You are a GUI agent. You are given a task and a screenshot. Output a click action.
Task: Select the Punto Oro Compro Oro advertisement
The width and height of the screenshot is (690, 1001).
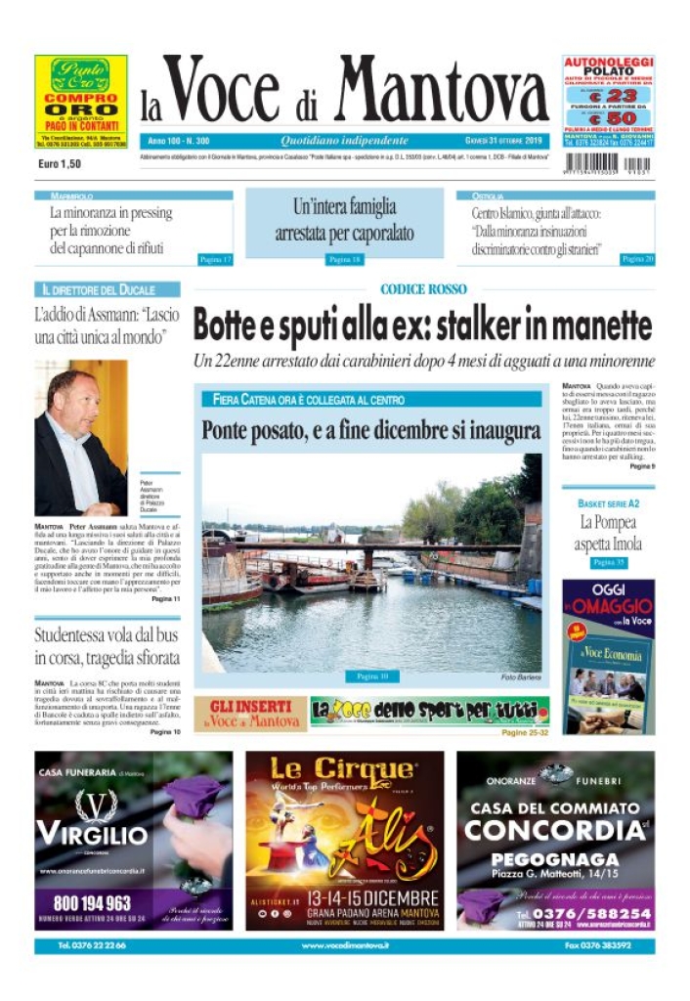80,102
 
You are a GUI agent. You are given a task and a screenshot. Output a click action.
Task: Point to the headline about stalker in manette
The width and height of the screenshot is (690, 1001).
422,325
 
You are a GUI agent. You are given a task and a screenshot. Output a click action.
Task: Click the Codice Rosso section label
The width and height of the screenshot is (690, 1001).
423,289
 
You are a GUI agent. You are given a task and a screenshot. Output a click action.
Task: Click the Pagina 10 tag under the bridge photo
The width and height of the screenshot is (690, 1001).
372,675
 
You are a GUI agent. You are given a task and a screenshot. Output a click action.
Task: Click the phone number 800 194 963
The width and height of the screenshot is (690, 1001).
93,902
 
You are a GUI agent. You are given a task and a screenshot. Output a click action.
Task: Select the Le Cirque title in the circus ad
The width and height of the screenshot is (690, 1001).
342,767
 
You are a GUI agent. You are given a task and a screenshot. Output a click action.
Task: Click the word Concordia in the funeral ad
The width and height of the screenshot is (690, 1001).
555,831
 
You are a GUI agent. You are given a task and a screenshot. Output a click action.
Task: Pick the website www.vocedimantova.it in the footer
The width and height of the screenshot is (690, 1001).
345,946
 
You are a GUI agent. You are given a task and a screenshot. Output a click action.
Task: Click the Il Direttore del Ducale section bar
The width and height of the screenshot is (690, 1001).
108,290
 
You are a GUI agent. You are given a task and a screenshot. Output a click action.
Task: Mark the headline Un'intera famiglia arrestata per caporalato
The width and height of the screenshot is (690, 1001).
344,220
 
